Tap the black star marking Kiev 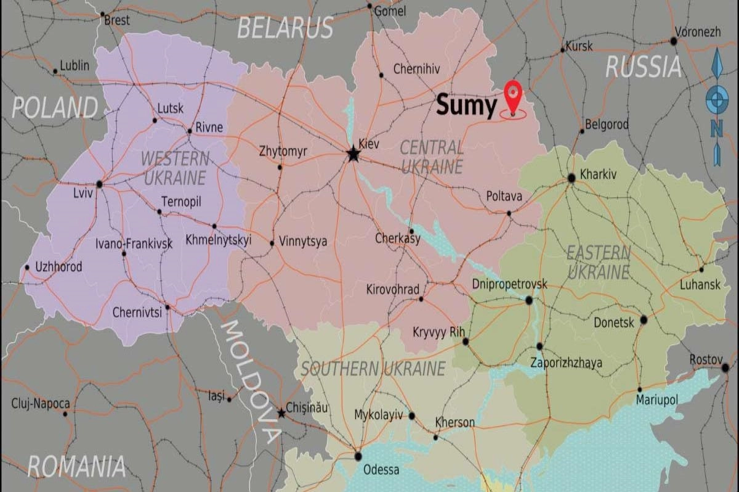coord(353,154)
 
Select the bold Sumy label coord(466,106)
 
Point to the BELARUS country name coord(285,28)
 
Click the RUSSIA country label coord(644,67)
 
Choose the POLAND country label coord(55,107)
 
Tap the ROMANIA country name coord(76,466)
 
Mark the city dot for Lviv coord(99,184)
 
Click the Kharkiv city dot coord(571,178)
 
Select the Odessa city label coord(381,470)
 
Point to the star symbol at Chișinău coord(281,412)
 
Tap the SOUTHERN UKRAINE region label coord(373,369)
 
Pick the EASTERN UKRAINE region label coord(598,261)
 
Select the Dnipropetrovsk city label coord(509,284)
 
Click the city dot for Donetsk coord(644,319)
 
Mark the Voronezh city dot coord(674,41)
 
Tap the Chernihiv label coord(417,69)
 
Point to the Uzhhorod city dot coord(26,268)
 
